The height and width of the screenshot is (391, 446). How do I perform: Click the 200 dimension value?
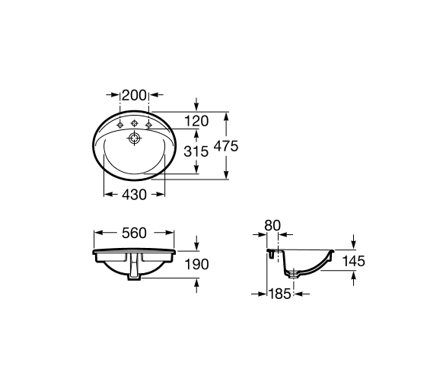[134, 95]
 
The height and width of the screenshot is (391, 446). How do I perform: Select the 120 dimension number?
[196, 121]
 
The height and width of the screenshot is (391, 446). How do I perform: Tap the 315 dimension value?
[196, 151]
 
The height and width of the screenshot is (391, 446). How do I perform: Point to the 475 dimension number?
[226, 146]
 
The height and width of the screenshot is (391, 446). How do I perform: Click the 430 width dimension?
[134, 195]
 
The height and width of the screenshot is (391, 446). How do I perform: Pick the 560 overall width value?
[134, 234]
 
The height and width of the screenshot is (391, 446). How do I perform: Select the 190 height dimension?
[197, 265]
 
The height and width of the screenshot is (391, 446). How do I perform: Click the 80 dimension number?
[272, 225]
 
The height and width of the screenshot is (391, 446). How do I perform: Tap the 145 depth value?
[353, 261]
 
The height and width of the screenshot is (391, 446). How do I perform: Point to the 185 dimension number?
[280, 294]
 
